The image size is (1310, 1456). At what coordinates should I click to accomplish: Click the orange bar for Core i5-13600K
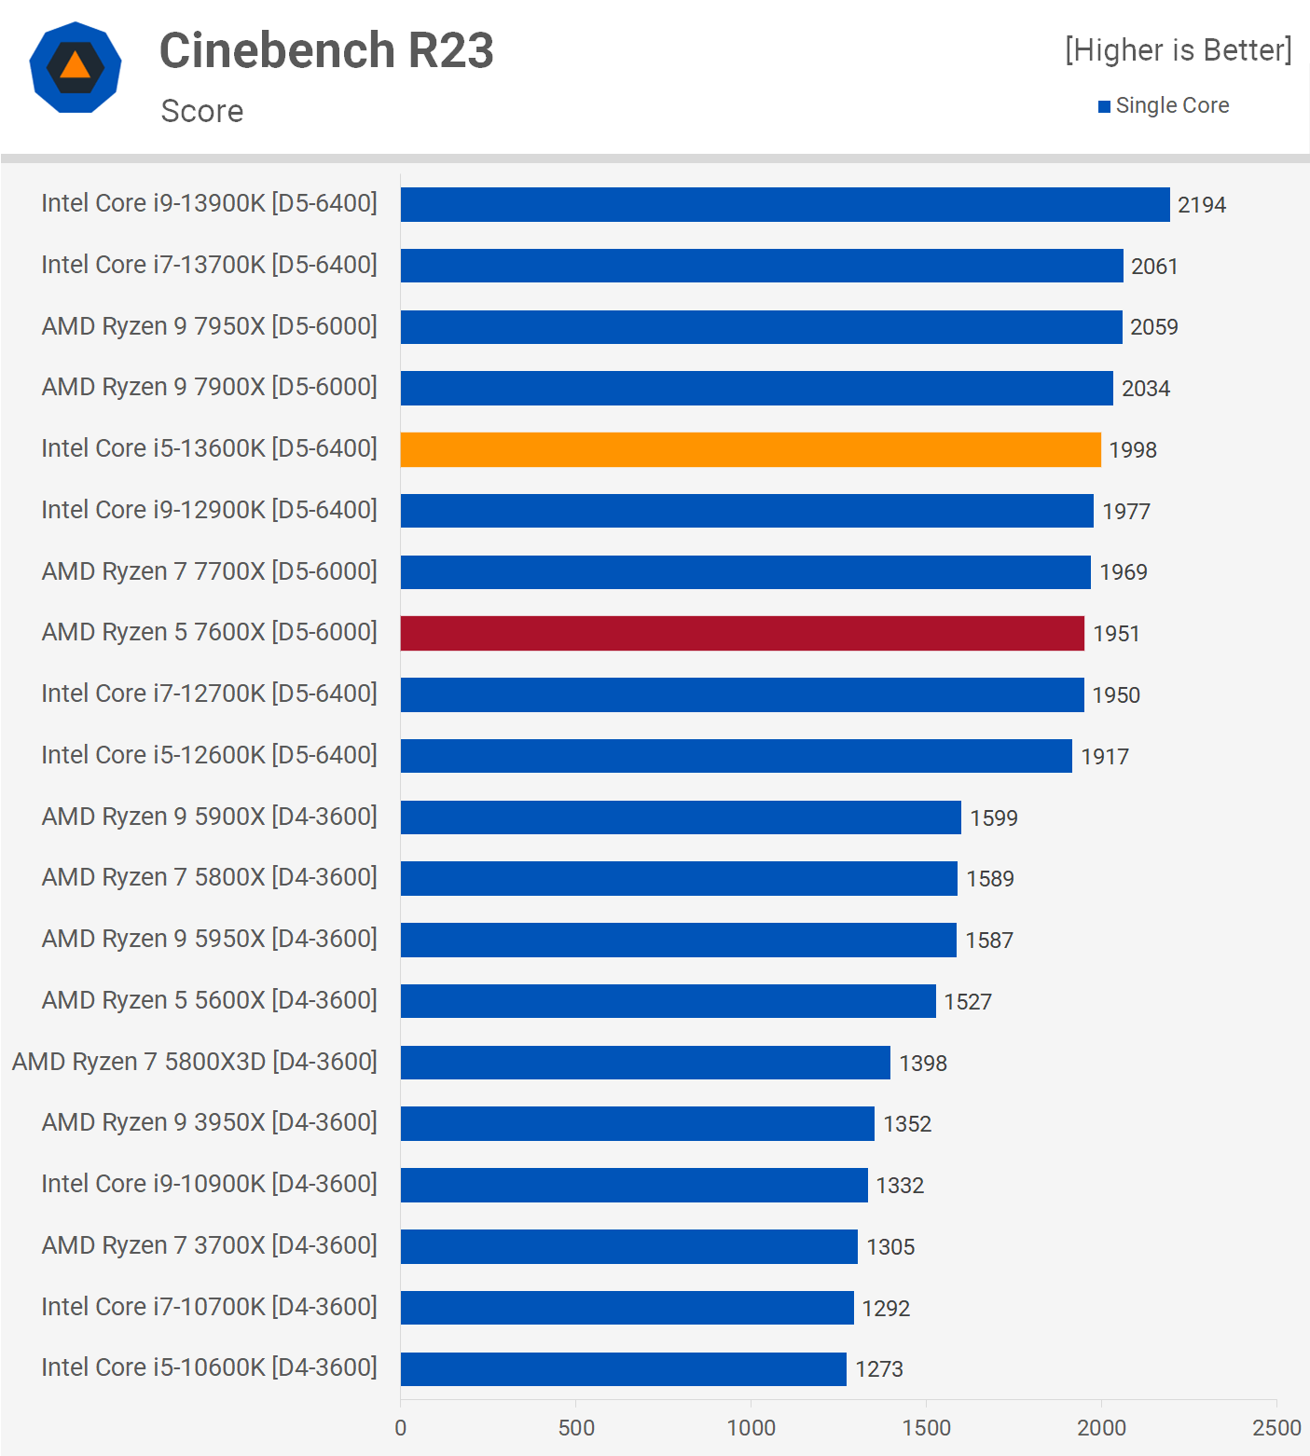coord(751,449)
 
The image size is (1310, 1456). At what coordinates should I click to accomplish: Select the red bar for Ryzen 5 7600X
coord(742,633)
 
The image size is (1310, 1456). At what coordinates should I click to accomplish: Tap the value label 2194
coord(1201,205)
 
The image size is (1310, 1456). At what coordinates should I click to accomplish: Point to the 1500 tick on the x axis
coord(926,1427)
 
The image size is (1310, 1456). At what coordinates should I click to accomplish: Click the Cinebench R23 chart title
coord(326,50)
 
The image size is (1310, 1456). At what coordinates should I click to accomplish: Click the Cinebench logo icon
coord(76,67)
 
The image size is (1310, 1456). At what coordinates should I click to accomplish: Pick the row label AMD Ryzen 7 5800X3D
coord(195,1062)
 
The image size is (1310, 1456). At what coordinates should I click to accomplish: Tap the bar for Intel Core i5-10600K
coord(623,1368)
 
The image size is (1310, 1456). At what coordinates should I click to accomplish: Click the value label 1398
coord(922,1063)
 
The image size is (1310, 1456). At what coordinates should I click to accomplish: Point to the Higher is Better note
coord(1178,50)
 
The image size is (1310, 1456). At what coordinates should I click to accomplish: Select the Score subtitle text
coord(202,111)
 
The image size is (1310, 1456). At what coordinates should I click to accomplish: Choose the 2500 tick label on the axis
coord(1276,1427)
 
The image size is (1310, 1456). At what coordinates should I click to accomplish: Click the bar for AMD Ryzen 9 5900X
coord(681,817)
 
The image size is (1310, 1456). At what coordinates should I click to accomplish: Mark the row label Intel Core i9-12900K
coord(210,510)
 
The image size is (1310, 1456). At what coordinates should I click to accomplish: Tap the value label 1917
coord(1104,757)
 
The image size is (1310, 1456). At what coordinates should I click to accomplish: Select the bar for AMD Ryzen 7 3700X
coord(628,1246)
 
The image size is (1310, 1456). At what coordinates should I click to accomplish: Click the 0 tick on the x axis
coord(401,1427)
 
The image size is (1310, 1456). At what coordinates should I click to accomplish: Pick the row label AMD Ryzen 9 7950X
coord(210,326)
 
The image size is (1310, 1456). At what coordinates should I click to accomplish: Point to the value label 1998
coord(1132,450)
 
